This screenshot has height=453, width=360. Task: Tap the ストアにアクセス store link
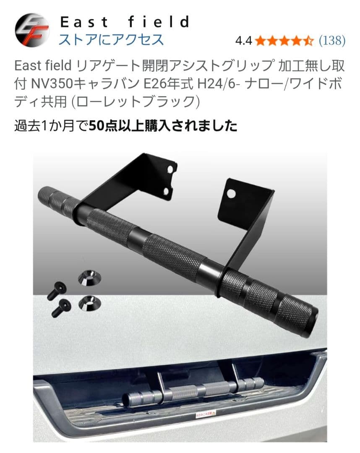[x=111, y=39]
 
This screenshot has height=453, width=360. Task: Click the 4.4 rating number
[x=243, y=41]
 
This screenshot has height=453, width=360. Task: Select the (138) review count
[x=332, y=41]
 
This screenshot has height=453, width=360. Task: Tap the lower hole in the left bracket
[x=170, y=191]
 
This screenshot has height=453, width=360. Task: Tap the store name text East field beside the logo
[x=125, y=22]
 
